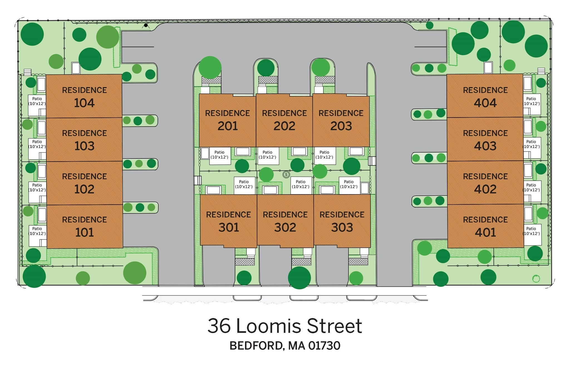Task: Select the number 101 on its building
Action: pyautogui.click(x=84, y=233)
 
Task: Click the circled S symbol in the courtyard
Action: pyautogui.click(x=286, y=175)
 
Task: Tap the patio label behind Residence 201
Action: pyautogui.click(x=219, y=155)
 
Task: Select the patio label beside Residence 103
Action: pyautogui.click(x=37, y=144)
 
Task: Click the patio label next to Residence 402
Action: pyautogui.click(x=531, y=187)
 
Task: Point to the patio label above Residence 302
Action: pyautogui.click(x=301, y=184)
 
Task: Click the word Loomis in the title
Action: pyautogui.click(x=269, y=326)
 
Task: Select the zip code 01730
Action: pyautogui.click(x=324, y=346)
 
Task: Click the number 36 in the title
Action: pyautogui.click(x=219, y=326)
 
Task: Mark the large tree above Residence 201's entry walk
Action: pyautogui.click(x=210, y=67)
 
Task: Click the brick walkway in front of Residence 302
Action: pyautogui.click(x=301, y=262)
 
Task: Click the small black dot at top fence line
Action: pyautogui.click(x=146, y=25)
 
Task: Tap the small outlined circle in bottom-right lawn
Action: pyautogui.click(x=536, y=278)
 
